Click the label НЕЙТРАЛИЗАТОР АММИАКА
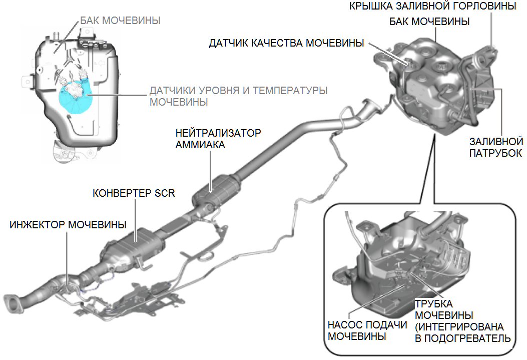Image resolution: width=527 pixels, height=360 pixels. pos(218,139)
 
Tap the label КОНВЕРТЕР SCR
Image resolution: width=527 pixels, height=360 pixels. pos(134,193)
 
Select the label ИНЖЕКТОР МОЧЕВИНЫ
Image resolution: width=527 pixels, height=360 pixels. pos(68,223)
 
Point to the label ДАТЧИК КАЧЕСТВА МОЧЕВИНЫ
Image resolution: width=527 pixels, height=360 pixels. pos(286,44)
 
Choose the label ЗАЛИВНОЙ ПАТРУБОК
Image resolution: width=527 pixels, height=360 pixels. pos(496,147)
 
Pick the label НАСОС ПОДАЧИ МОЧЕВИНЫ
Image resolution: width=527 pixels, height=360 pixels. pos(367,330)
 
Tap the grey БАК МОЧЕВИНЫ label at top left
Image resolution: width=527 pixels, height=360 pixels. pos(120,21)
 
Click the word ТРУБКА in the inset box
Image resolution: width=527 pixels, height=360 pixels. pos(433,304)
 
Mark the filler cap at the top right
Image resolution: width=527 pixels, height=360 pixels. pos(492,50)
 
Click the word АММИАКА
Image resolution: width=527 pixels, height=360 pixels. pos(200,145)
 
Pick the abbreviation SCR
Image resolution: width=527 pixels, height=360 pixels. pos(164,193)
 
